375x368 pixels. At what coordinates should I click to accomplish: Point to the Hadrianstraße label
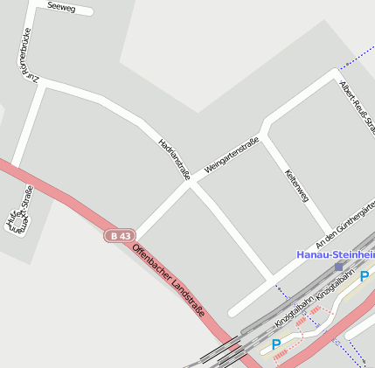(x=174, y=158)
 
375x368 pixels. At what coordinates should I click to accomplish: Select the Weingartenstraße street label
(x=231, y=155)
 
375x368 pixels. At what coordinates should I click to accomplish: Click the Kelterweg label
(x=297, y=186)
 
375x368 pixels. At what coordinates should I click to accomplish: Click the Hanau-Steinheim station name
(x=336, y=254)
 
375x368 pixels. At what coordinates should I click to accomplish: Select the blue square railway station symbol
(x=339, y=266)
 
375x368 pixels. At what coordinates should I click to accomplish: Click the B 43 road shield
(x=122, y=236)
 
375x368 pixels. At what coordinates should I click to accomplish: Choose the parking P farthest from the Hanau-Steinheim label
(x=276, y=344)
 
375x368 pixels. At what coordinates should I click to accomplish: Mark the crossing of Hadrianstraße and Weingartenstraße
(x=190, y=184)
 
